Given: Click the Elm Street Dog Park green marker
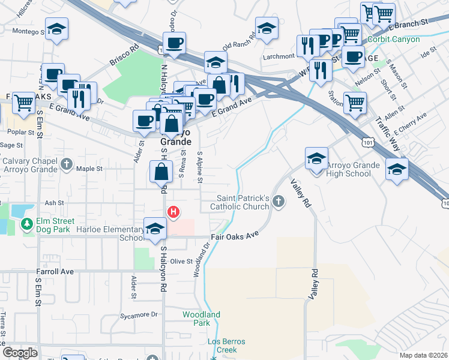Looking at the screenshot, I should [x=26, y=224].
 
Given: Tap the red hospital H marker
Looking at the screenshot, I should [x=173, y=212].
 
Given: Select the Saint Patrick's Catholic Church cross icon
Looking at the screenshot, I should [x=277, y=201].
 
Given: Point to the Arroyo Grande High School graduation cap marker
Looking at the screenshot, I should [x=316, y=159].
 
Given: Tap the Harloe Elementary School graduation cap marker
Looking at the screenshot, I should [x=155, y=229].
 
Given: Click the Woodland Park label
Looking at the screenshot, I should [x=202, y=319].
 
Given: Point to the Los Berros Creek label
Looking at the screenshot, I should [x=222, y=346].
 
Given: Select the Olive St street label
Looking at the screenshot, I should [x=181, y=262].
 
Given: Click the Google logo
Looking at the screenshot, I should [x=20, y=353].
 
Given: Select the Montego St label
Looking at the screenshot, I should [x=28, y=31].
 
